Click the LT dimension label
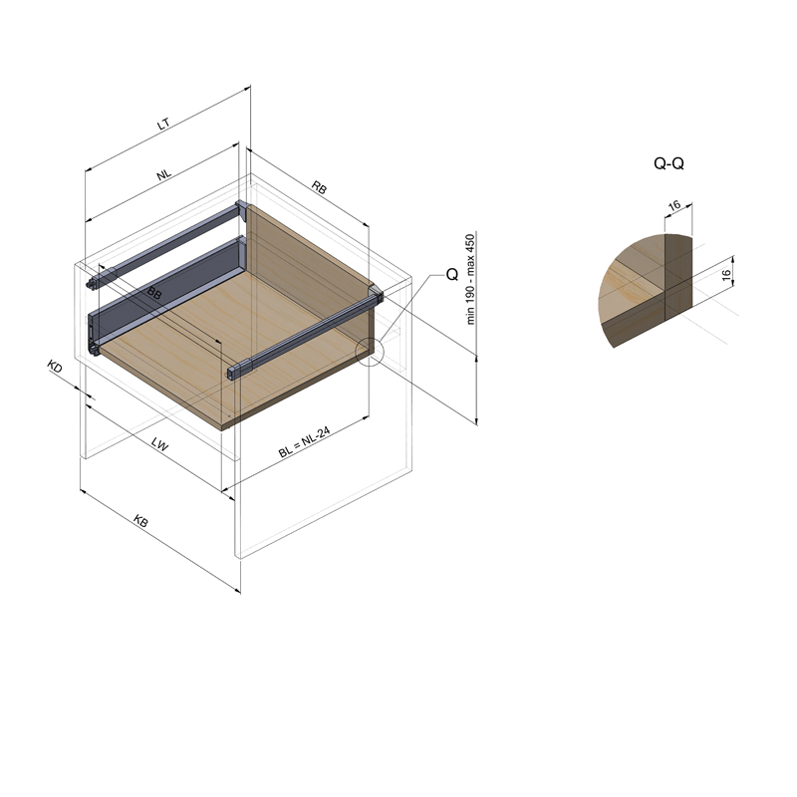[163, 124]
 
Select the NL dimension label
[163, 174]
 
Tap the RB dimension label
[319, 187]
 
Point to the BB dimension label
[154, 293]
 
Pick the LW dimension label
[159, 444]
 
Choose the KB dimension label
[140, 520]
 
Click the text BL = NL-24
[304, 442]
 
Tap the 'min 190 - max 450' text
[470, 279]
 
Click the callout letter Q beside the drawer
[452, 275]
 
